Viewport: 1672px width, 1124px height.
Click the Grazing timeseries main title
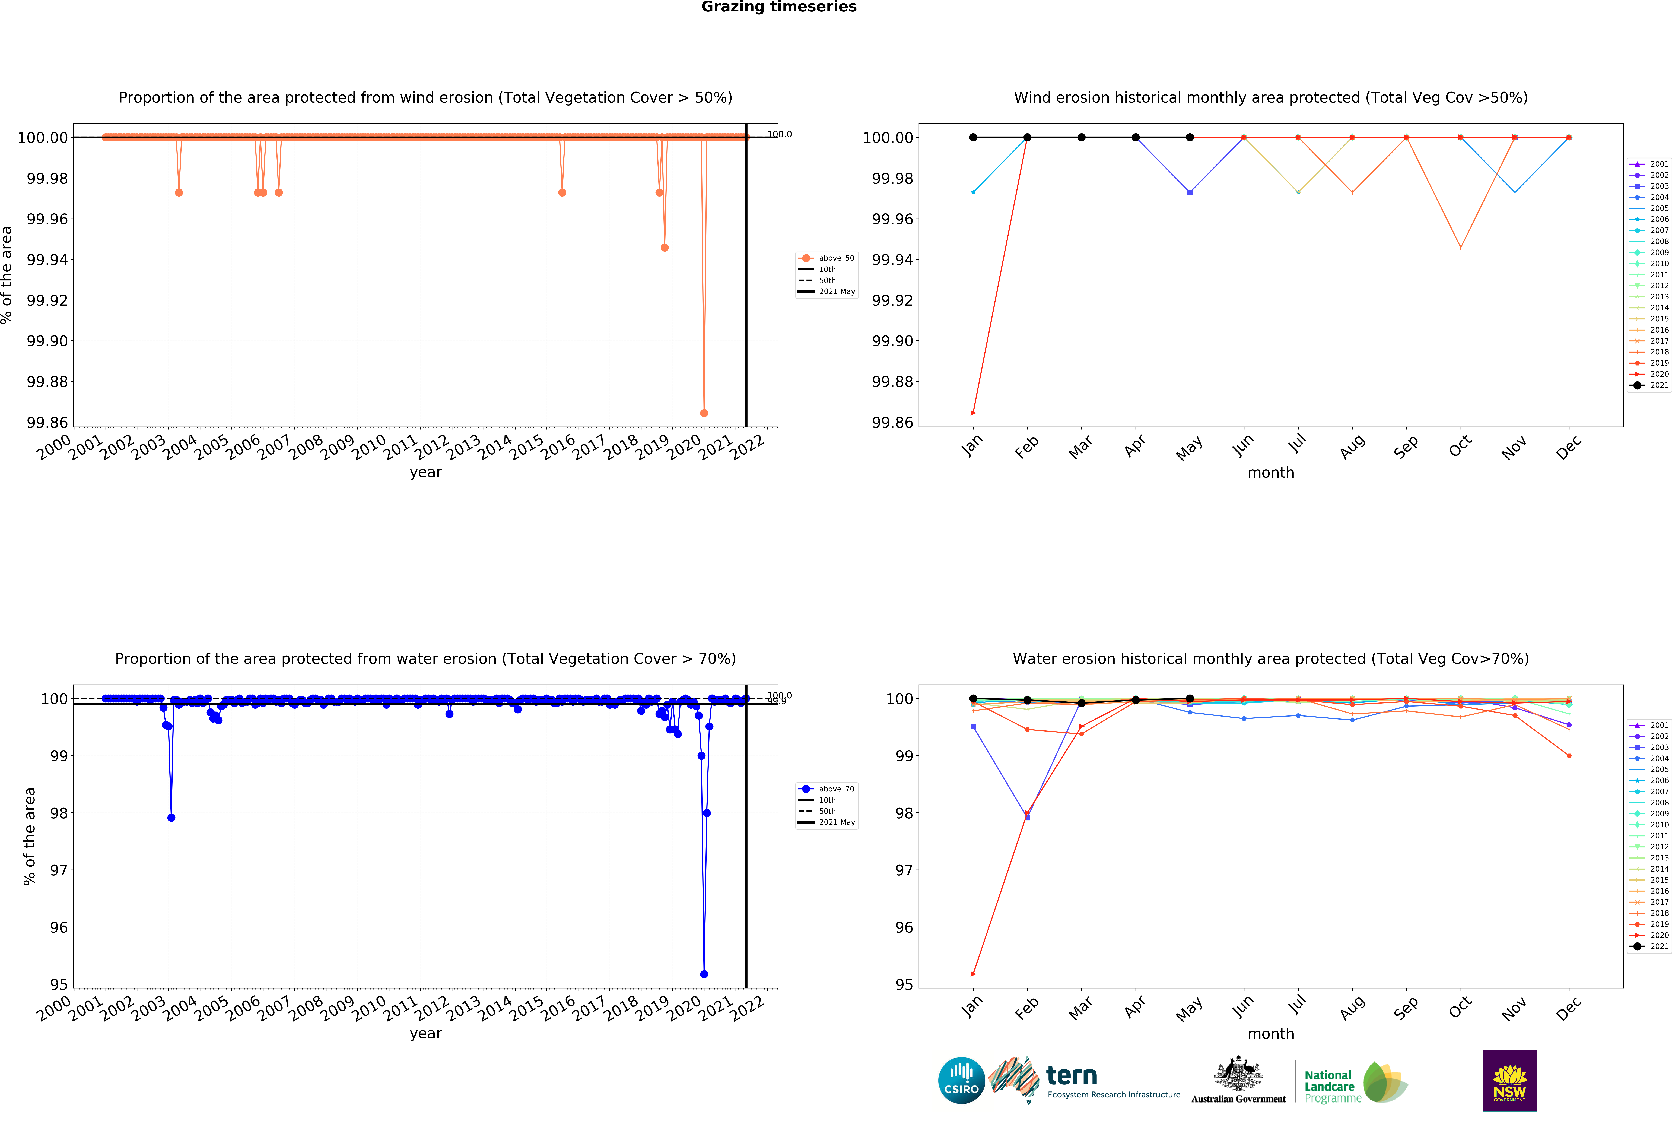(x=778, y=7)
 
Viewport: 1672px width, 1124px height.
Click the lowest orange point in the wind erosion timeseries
(x=704, y=413)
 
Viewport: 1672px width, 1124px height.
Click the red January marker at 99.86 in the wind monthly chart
(x=972, y=413)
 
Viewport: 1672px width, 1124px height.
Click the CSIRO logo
(x=961, y=1080)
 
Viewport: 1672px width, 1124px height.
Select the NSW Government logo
(x=1509, y=1080)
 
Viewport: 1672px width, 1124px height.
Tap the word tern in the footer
(x=1072, y=1075)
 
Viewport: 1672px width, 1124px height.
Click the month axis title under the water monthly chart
(x=1271, y=1034)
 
